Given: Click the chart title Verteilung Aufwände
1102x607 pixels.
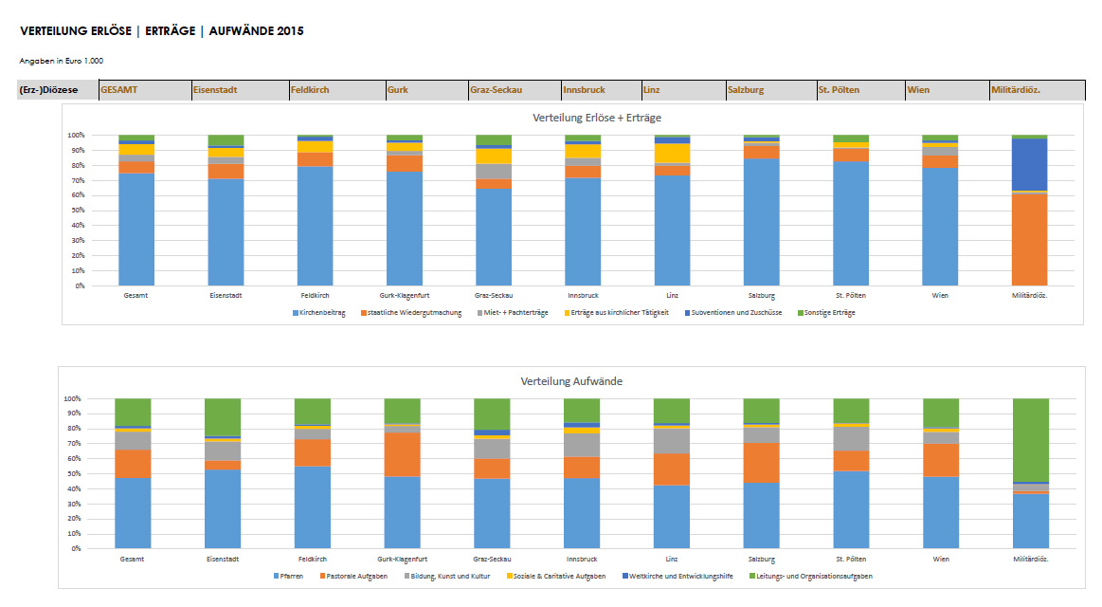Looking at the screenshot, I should tap(571, 381).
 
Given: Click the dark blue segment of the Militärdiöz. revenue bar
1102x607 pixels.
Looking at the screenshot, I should tap(1030, 165).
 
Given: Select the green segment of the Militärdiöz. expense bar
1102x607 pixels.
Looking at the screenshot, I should tap(1030, 440).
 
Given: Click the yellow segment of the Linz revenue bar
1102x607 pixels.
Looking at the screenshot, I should tap(672, 153).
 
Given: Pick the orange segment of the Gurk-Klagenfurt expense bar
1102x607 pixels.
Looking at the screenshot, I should tap(402, 454).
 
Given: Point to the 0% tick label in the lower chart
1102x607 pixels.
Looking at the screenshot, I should tap(73, 549).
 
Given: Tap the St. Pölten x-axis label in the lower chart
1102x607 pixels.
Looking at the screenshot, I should tap(850, 560).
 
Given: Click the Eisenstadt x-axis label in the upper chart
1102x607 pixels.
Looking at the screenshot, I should tap(225, 296).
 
